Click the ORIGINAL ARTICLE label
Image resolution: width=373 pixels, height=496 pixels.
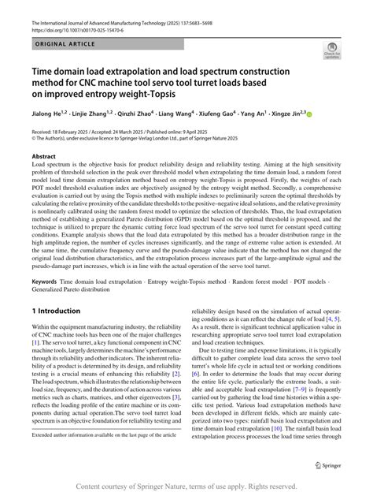(56, 47)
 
